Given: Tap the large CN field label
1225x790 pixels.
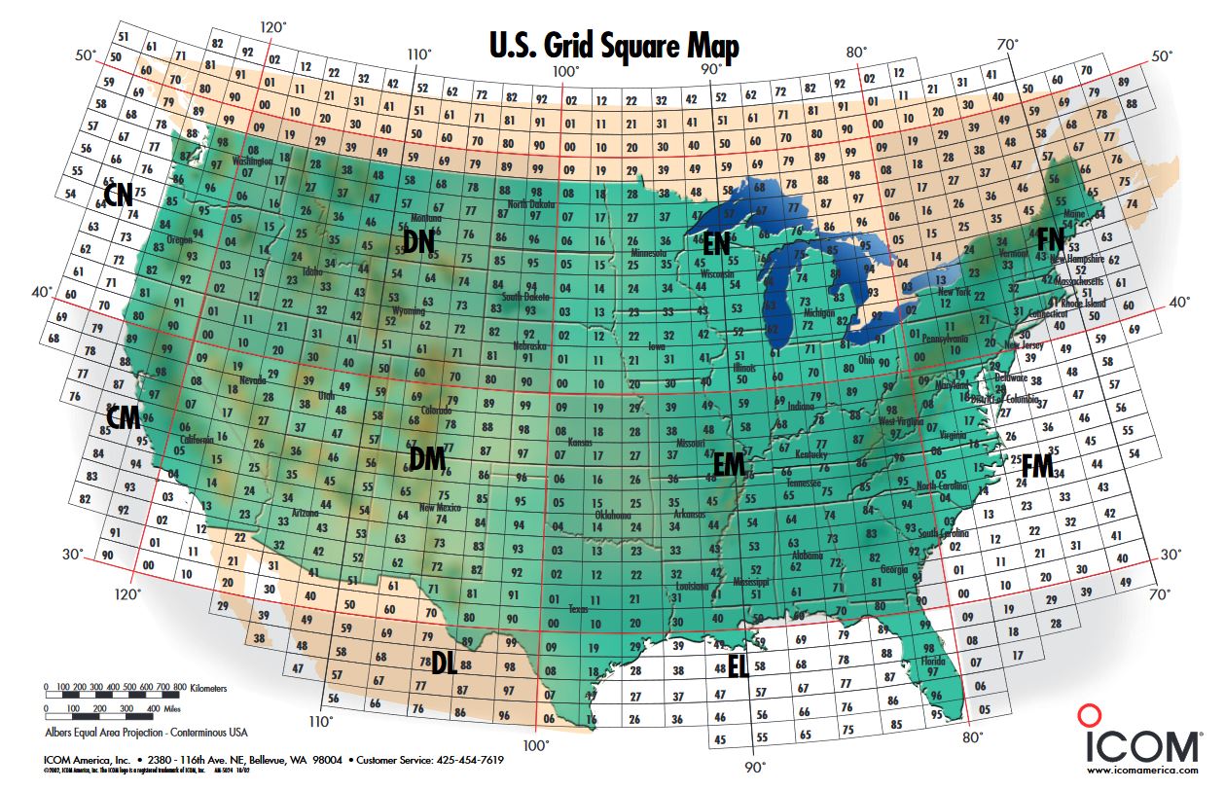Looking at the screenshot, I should click(x=119, y=196).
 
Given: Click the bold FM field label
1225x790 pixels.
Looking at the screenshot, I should click(x=1037, y=467).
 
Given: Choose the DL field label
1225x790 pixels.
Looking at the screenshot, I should click(x=445, y=664).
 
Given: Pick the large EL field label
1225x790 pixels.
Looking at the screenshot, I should click(x=739, y=666).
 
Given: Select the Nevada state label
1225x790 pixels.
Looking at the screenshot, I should click(x=252, y=380).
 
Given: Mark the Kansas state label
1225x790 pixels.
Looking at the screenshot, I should click(x=581, y=441).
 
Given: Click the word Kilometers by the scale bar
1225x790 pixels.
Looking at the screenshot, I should click(x=208, y=688).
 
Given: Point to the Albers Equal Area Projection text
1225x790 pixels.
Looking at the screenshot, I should click(x=146, y=731).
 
